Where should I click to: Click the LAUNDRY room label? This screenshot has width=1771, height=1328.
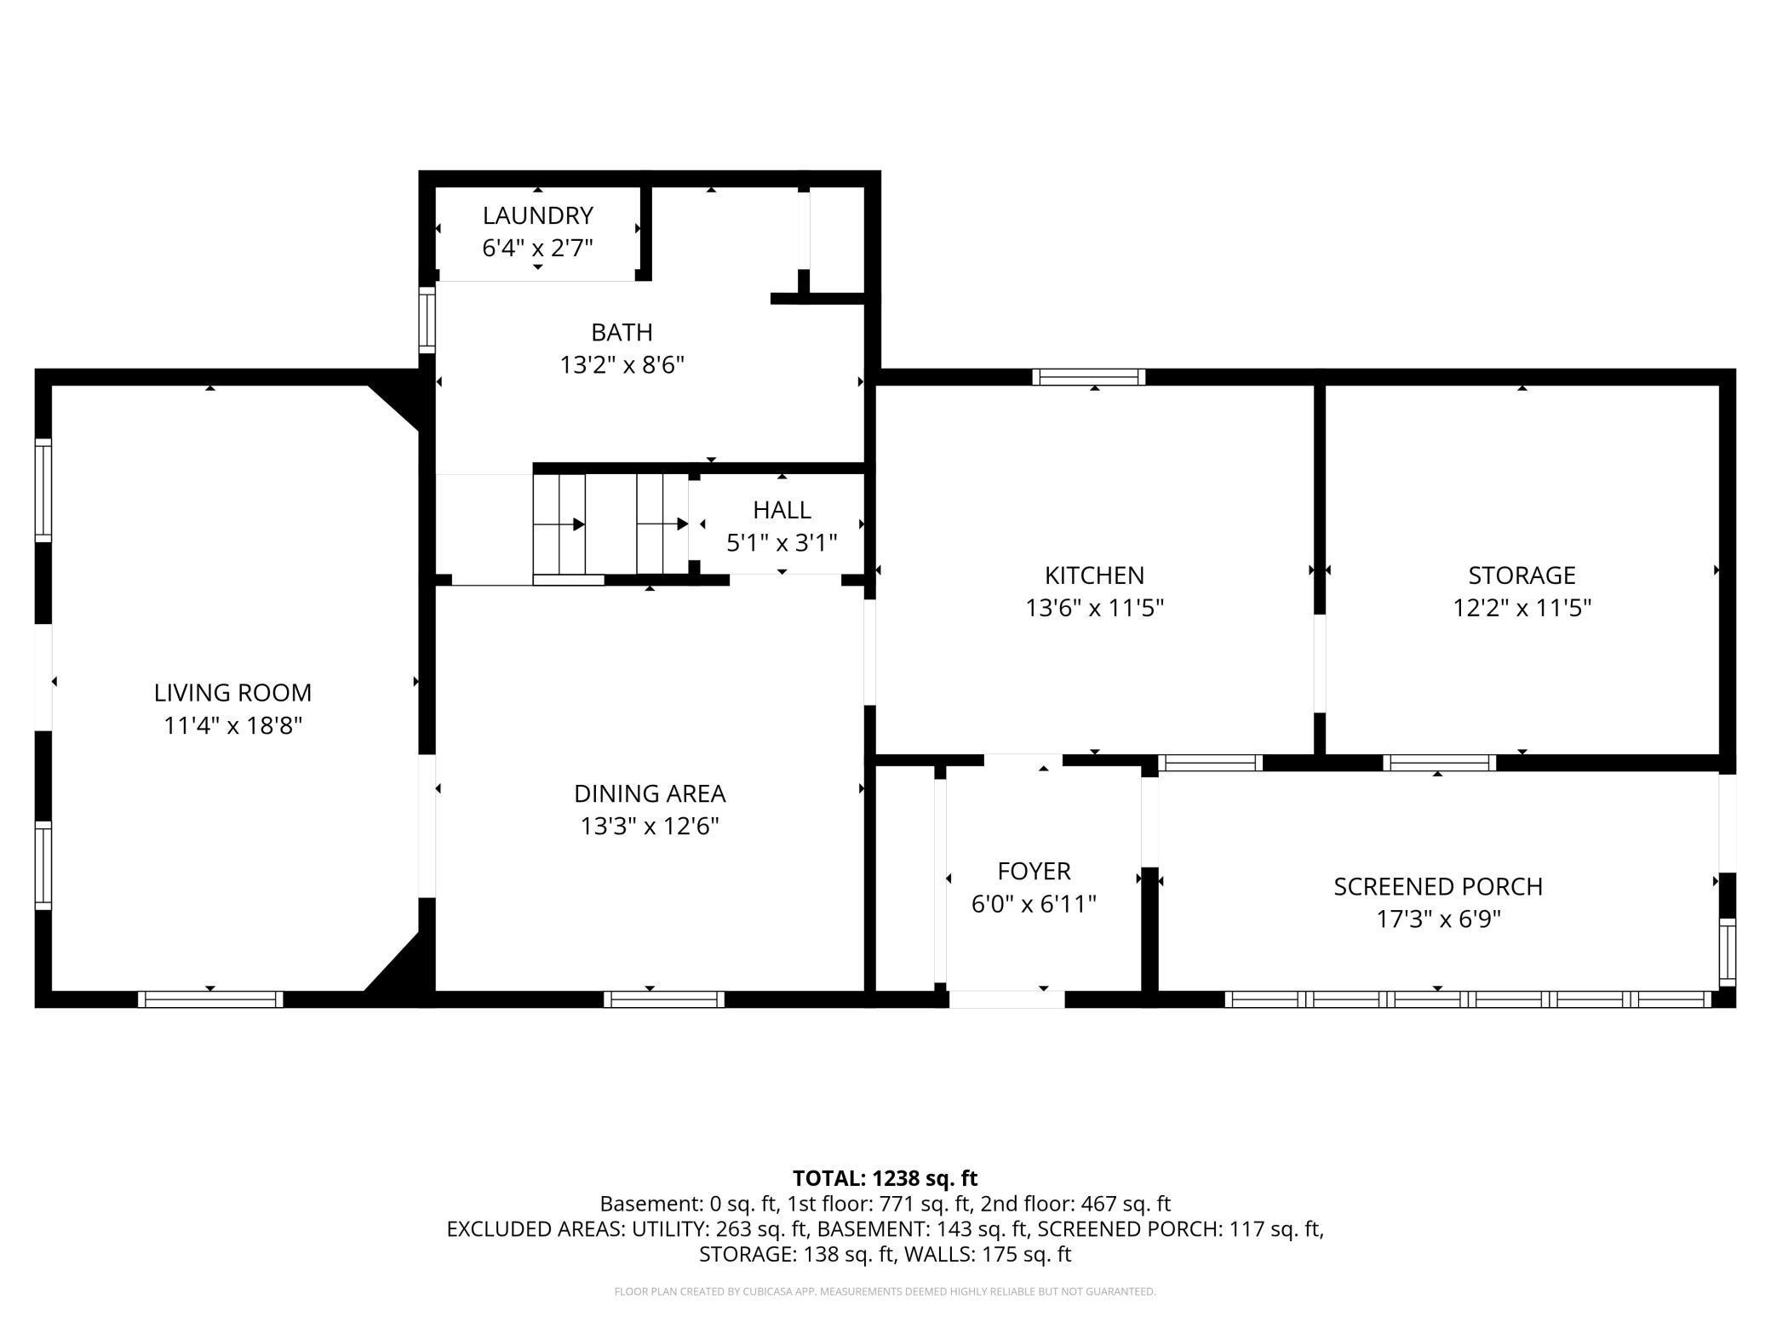pos(537,215)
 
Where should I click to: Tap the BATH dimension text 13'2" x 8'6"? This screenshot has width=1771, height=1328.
pos(622,365)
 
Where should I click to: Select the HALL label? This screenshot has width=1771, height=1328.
pos(782,510)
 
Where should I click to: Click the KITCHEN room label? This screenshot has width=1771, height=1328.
pos(1094,575)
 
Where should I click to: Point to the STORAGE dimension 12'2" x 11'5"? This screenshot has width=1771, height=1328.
pos(1522,608)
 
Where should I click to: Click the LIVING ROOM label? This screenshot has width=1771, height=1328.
pos(232,693)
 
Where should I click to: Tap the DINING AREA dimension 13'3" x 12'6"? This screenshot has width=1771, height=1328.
pos(650,827)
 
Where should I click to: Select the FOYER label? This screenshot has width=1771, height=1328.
pos(1034,871)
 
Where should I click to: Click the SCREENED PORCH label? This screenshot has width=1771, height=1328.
pos(1437,887)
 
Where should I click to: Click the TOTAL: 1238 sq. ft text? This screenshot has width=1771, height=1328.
pos(885,1178)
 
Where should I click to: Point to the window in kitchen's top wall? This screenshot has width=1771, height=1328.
pos(1088,377)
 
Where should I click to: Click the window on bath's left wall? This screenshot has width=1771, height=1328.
pos(427,319)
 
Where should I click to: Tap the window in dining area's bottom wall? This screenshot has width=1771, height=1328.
pos(664,999)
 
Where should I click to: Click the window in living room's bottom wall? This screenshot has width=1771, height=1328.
pos(210,999)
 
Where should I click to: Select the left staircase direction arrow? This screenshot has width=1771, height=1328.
pos(578,524)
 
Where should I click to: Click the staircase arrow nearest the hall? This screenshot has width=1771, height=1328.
pos(681,524)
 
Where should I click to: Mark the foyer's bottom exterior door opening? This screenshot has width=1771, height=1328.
pos(1006,999)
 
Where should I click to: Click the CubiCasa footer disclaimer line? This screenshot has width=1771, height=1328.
pos(885,1291)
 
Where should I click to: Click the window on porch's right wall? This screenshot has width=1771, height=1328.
pos(1727,952)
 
